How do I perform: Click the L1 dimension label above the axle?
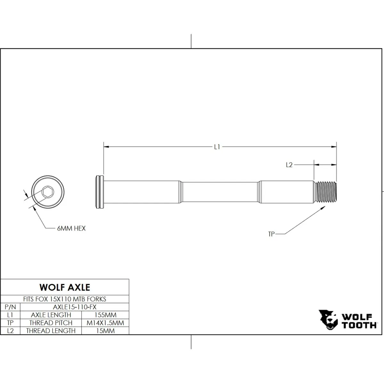217,147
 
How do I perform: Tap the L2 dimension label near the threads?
289,165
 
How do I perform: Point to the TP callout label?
271,234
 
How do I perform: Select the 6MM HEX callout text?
71,228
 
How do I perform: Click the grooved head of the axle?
100,192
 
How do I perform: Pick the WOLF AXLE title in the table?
65,287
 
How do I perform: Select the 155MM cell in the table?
105,315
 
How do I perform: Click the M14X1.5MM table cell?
105,323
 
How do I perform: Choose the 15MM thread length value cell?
105,331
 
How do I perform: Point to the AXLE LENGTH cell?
51,315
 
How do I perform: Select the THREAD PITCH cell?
51,323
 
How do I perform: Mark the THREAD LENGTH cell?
51,331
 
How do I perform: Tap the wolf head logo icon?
328,320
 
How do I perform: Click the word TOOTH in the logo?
359,325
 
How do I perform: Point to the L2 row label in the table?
10,331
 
